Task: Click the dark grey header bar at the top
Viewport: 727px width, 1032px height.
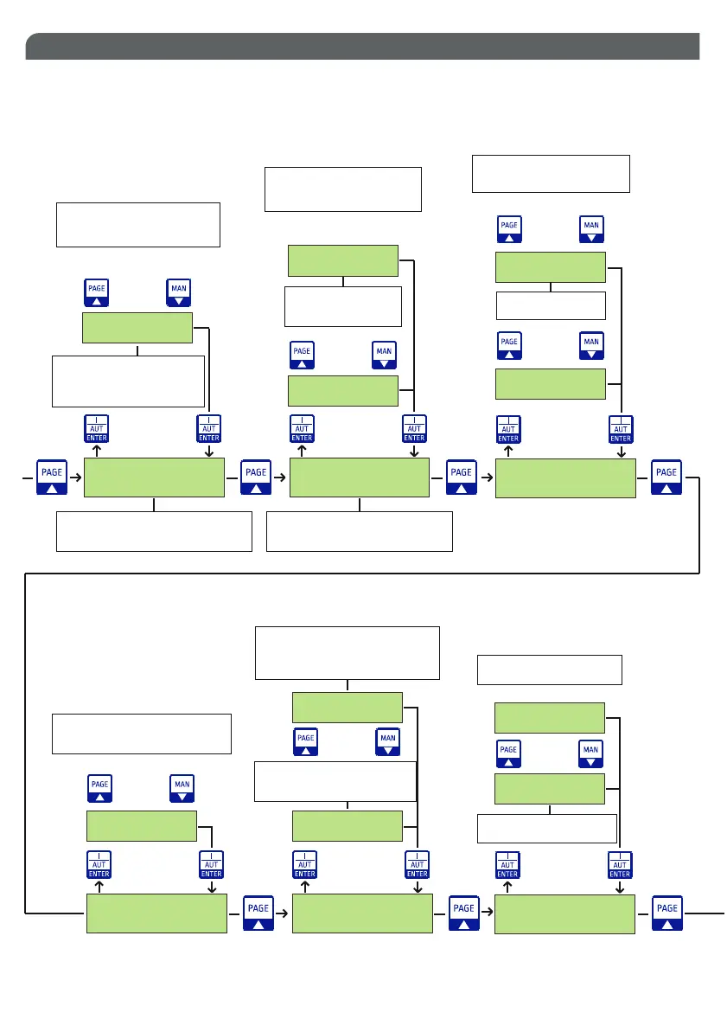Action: [x=362, y=47]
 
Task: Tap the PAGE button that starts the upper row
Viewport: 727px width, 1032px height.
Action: [x=52, y=478]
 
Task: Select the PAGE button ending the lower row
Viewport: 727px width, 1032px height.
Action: [x=667, y=913]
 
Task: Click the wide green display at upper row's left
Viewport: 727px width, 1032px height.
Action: [x=154, y=478]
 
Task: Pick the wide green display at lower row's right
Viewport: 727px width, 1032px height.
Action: [x=564, y=914]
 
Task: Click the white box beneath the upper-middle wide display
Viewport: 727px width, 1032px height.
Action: [x=360, y=531]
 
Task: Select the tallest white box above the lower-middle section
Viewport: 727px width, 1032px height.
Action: [x=348, y=653]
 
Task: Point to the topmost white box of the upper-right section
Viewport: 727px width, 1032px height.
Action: [x=551, y=174]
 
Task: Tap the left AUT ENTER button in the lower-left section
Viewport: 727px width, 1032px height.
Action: [x=99, y=864]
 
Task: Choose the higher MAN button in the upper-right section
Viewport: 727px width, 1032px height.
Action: [x=591, y=229]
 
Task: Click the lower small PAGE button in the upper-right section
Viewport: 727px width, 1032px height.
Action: [x=509, y=346]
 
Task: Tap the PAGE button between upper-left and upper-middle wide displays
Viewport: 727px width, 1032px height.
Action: [x=256, y=478]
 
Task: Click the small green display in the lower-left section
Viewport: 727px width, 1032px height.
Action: [x=141, y=826]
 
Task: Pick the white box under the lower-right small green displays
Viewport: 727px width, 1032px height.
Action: [x=546, y=828]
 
